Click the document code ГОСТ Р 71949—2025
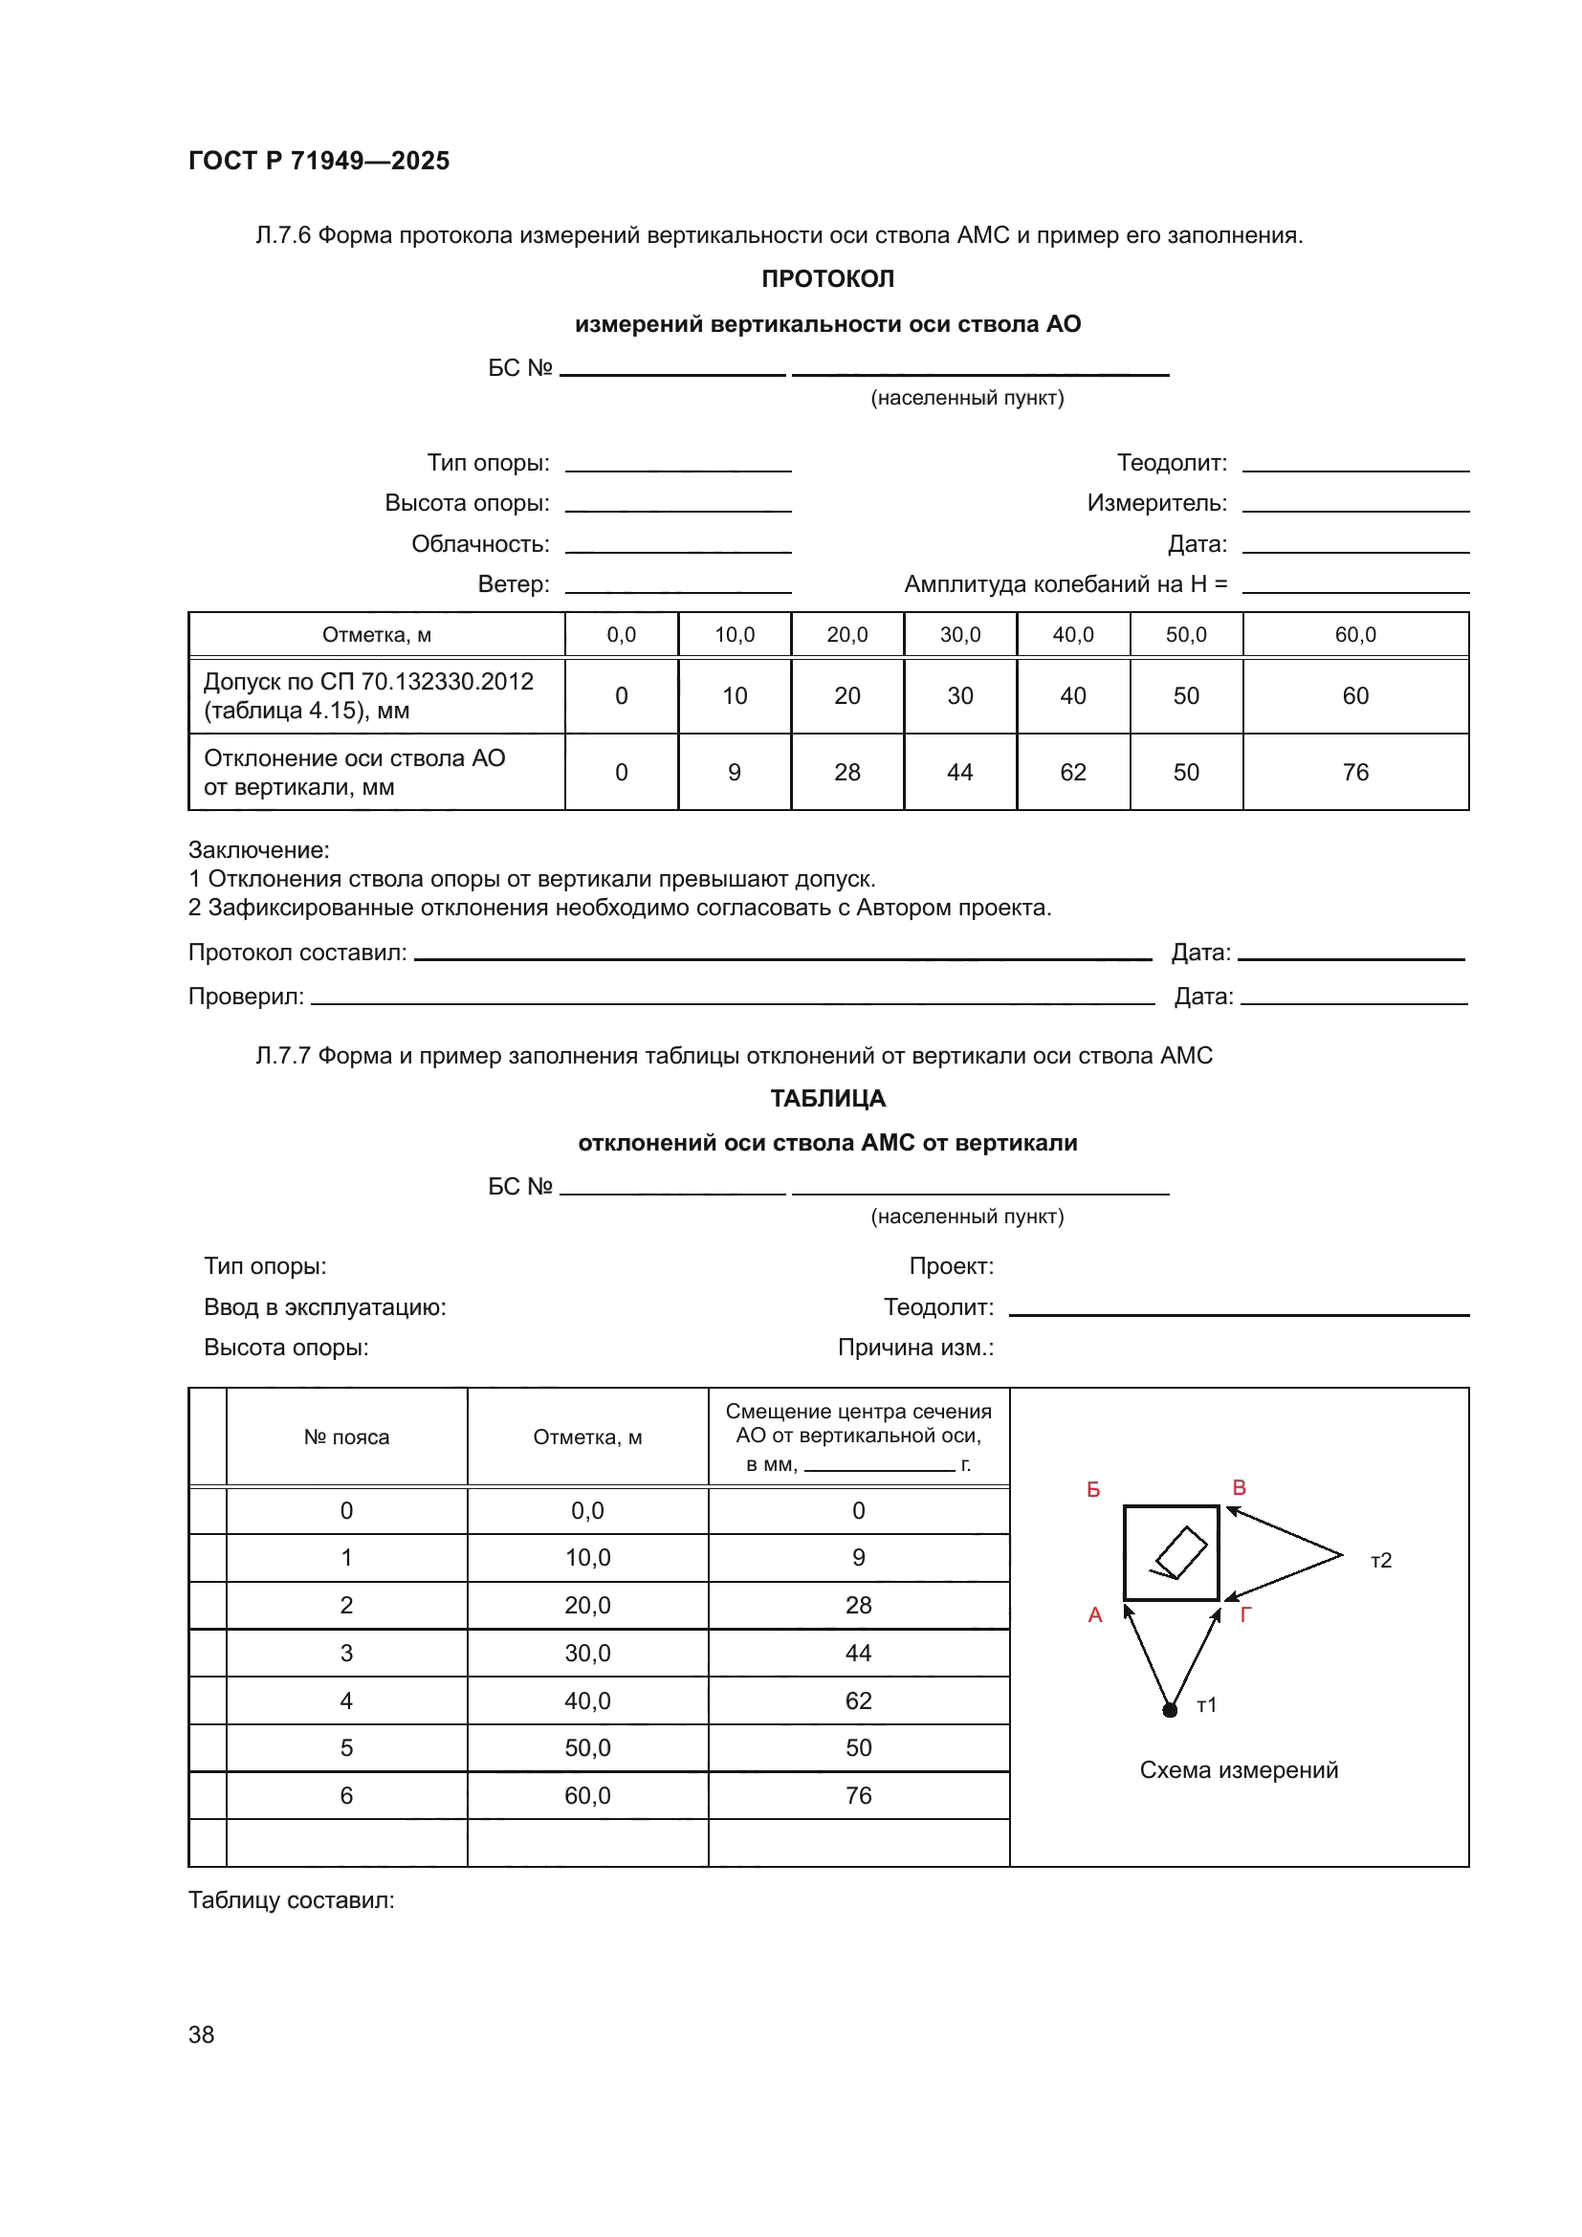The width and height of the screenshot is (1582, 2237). (x=319, y=161)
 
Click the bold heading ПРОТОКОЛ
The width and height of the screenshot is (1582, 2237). (x=827, y=278)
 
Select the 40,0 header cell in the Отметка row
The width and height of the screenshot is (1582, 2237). (x=1072, y=634)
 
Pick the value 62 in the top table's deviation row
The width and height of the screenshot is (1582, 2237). (x=1072, y=772)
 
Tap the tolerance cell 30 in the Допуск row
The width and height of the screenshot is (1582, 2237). (x=959, y=695)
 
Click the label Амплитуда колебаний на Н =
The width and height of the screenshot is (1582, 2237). (x=1065, y=583)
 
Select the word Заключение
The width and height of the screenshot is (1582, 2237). (x=258, y=849)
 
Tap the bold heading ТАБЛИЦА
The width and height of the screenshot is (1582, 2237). (x=827, y=1098)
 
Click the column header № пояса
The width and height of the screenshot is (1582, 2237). (x=346, y=1437)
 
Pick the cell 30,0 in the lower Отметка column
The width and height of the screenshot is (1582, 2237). (x=587, y=1653)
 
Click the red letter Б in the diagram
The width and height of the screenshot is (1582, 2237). (x=1093, y=1490)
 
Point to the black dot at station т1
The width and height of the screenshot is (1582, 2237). (x=1170, y=1710)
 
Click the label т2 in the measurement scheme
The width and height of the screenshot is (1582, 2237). (x=1380, y=1561)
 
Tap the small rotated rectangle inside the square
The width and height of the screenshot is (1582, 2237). (x=1181, y=1551)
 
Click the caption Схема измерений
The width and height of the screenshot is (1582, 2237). (x=1238, y=1770)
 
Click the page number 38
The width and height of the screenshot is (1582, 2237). (x=201, y=2034)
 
